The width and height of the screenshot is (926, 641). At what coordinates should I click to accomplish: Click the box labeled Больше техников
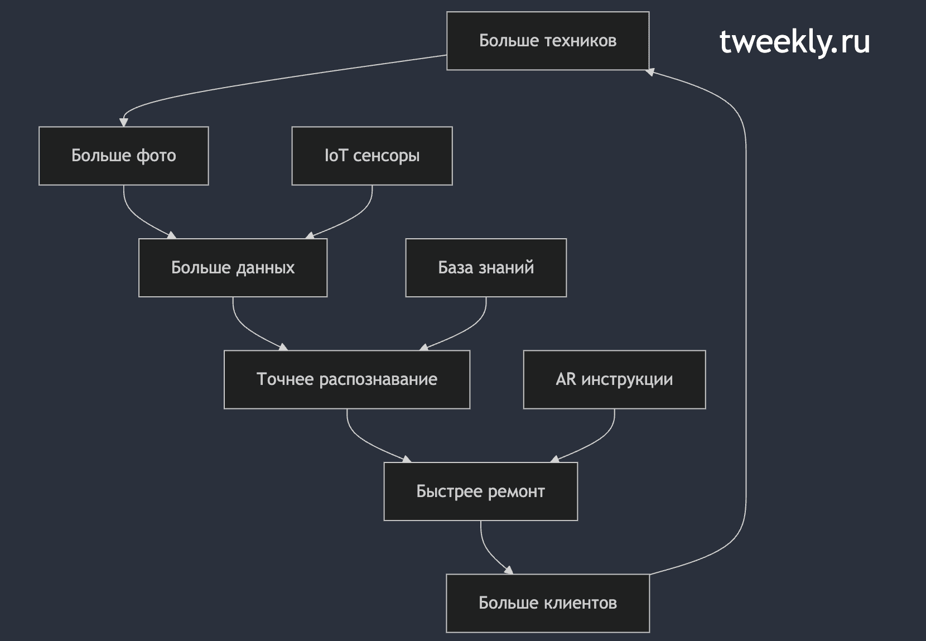click(x=548, y=41)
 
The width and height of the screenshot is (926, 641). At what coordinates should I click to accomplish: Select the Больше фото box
click(x=124, y=156)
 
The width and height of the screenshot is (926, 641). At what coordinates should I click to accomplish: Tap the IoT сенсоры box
click(x=372, y=156)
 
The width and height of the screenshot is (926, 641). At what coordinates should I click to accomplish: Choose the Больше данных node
click(x=233, y=268)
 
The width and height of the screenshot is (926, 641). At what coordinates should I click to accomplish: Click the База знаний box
click(x=486, y=268)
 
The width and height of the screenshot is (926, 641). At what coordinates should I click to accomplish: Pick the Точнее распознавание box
click(x=347, y=380)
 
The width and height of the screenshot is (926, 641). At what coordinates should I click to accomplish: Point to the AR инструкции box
click(x=614, y=380)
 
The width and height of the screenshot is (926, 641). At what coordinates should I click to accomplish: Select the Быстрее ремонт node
click(x=480, y=491)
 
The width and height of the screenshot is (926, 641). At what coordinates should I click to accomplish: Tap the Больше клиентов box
click(x=548, y=604)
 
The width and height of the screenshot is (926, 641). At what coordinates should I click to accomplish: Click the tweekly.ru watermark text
click(x=794, y=42)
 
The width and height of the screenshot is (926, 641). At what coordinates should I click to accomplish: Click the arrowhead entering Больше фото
click(x=124, y=122)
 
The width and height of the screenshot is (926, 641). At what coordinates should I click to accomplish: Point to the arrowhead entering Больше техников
click(x=650, y=72)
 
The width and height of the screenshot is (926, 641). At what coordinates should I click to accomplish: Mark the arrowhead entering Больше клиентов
click(x=509, y=570)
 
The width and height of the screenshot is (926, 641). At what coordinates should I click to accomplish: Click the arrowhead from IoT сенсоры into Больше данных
click(x=310, y=235)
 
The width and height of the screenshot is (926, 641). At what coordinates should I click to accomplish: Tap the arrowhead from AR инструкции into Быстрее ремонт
click(x=555, y=459)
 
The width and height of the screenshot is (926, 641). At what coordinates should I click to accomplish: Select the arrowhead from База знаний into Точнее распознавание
click(x=424, y=348)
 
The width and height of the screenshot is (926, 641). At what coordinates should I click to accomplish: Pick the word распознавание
click(x=378, y=380)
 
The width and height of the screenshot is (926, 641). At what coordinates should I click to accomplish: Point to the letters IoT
click(x=336, y=156)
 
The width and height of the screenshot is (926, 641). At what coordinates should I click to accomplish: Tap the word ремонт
click(x=517, y=492)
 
